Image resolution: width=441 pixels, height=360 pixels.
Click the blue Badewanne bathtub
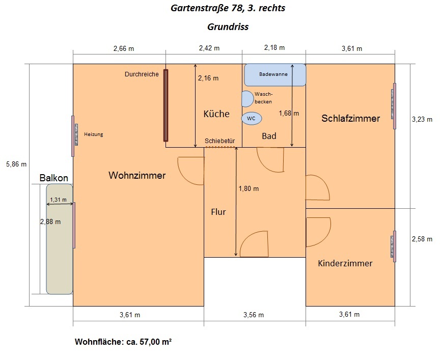275,75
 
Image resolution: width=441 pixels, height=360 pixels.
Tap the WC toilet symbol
252,119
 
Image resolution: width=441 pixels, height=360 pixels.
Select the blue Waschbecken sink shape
247,99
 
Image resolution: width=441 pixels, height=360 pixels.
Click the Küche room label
216,114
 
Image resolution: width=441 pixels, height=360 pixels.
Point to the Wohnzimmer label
137,176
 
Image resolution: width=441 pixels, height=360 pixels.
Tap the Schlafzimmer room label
351,119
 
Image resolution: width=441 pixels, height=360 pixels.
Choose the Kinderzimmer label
345,264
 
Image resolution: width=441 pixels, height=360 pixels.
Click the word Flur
218,212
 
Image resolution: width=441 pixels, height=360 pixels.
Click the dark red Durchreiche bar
166,105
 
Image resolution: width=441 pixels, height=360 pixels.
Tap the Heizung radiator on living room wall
76,134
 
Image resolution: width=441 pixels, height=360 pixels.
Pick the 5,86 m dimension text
16,164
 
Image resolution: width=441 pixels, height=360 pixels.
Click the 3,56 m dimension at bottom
254,315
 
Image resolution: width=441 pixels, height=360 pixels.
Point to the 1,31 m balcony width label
58,200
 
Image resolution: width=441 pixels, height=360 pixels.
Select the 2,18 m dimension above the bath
274,48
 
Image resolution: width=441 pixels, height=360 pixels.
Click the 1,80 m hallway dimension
249,189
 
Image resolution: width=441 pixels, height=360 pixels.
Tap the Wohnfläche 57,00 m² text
123,342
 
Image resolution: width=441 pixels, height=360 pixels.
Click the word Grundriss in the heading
228,26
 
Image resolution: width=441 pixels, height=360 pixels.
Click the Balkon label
53,178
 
